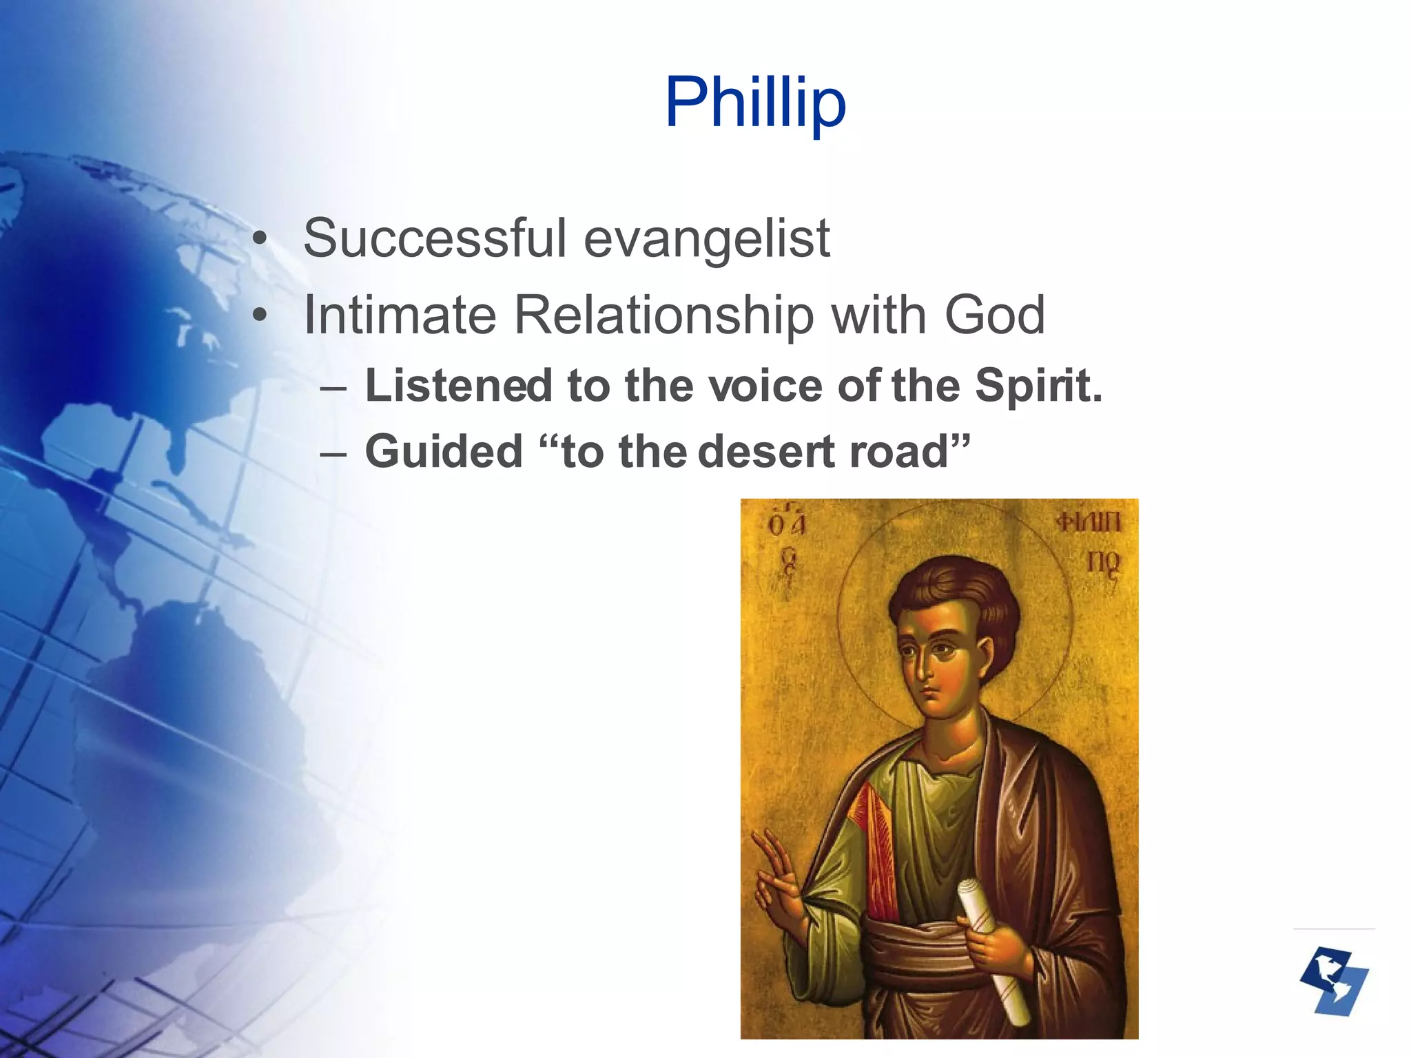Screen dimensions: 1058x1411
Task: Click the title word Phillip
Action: point(755,103)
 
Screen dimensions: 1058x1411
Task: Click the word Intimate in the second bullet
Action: point(400,315)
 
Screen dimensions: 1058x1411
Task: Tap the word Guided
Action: point(444,452)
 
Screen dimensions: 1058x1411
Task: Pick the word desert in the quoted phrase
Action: point(767,452)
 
